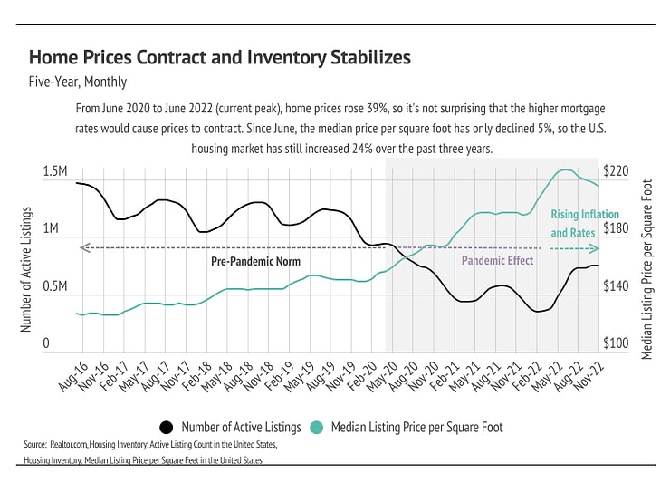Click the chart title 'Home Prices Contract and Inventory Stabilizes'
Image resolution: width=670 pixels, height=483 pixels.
[x=220, y=58]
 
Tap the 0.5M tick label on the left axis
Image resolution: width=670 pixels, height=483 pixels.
[x=55, y=286]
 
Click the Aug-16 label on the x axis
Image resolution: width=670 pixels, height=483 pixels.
[x=72, y=374]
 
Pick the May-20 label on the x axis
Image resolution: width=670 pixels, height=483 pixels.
[x=380, y=374]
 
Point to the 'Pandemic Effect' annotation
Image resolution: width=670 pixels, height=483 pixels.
[x=497, y=261]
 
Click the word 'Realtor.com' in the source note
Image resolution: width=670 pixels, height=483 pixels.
[x=80, y=446]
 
